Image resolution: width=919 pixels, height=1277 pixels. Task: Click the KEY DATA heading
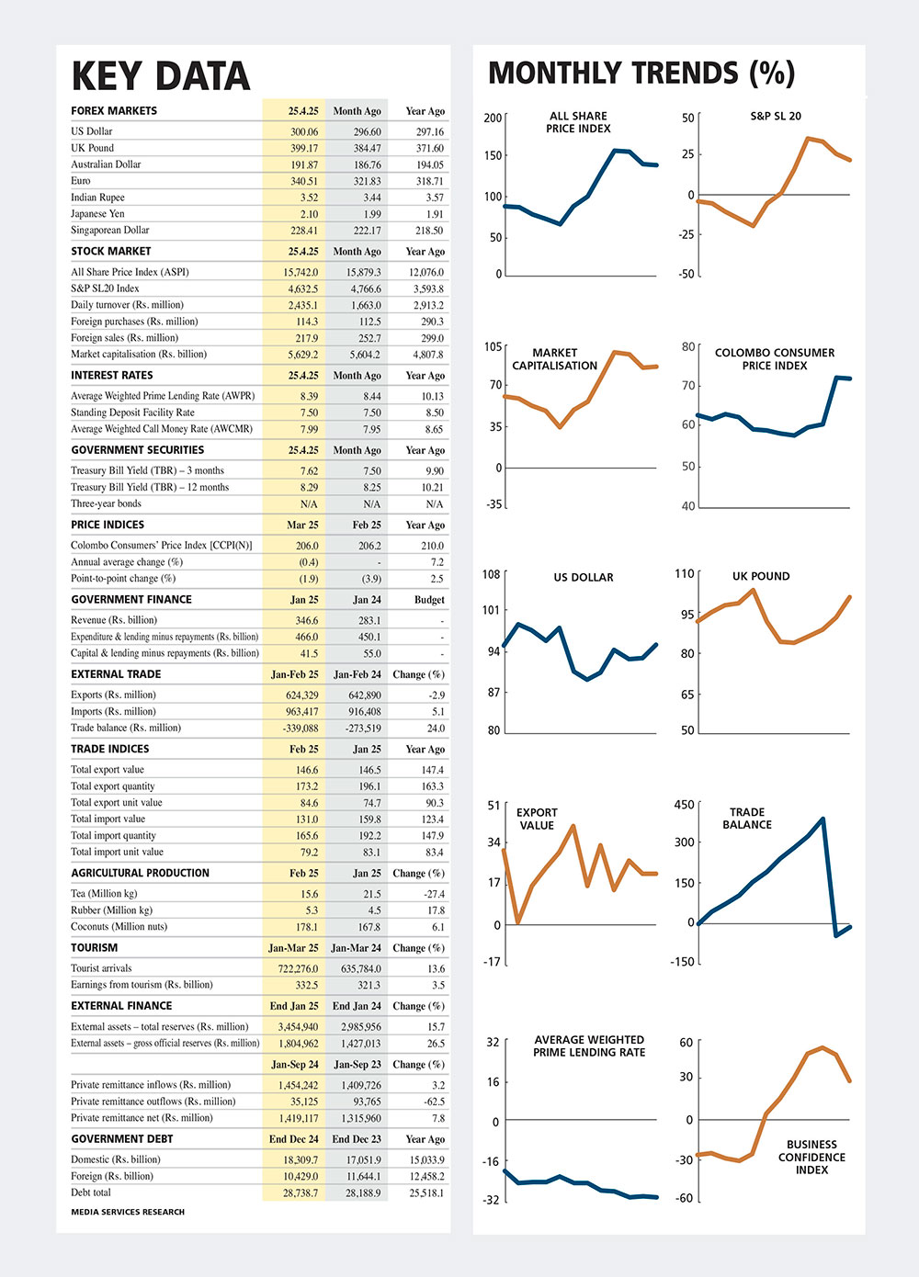pos(161,76)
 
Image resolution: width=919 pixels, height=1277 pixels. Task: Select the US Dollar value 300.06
pos(304,131)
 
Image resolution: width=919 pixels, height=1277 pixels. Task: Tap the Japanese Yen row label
pos(97,214)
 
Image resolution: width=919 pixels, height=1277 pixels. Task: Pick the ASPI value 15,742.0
pos(301,273)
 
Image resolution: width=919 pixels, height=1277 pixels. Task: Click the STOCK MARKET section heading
pos(111,252)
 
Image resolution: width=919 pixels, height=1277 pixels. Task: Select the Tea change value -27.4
pos(435,894)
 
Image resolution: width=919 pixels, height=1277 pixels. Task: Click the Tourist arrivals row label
pos(101,968)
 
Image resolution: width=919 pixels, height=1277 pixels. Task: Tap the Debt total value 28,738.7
pos(301,1192)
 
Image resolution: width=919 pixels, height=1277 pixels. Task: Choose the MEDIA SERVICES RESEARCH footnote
pos(128,1212)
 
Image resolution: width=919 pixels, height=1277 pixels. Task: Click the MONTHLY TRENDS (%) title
pos(641,73)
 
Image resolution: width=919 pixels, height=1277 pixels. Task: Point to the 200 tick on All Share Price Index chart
pos(493,118)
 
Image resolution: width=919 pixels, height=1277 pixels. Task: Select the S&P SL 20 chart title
pos(776,117)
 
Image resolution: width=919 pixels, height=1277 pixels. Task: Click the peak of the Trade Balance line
pos(823,819)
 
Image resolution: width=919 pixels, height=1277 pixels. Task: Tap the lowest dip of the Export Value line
pos(517,922)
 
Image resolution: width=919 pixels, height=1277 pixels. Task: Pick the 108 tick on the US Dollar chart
pos(491,574)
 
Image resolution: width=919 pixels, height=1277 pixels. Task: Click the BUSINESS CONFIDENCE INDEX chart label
pos(811,1157)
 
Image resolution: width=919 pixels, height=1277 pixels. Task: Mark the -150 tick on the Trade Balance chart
pos(683,962)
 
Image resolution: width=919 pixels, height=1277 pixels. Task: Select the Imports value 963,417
pos(302,711)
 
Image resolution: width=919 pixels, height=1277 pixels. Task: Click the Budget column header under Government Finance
pos(429,600)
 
